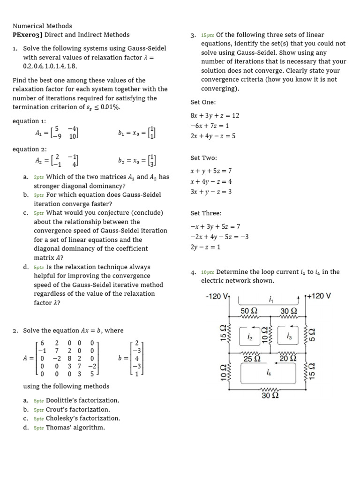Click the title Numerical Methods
click(x=42, y=26)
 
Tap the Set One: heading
click(x=203, y=102)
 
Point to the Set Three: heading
click(x=206, y=213)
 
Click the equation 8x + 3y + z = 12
click(x=215, y=116)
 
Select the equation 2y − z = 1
click(x=205, y=247)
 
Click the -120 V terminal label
click(x=217, y=297)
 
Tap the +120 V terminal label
click(x=319, y=296)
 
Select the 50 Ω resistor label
click(x=249, y=311)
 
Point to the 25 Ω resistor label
click(x=252, y=359)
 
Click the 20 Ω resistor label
click(x=288, y=359)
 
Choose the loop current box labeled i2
click(x=249, y=337)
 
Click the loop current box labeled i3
click(x=289, y=337)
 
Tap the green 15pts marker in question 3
click(x=207, y=35)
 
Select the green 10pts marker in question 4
click(x=207, y=272)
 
